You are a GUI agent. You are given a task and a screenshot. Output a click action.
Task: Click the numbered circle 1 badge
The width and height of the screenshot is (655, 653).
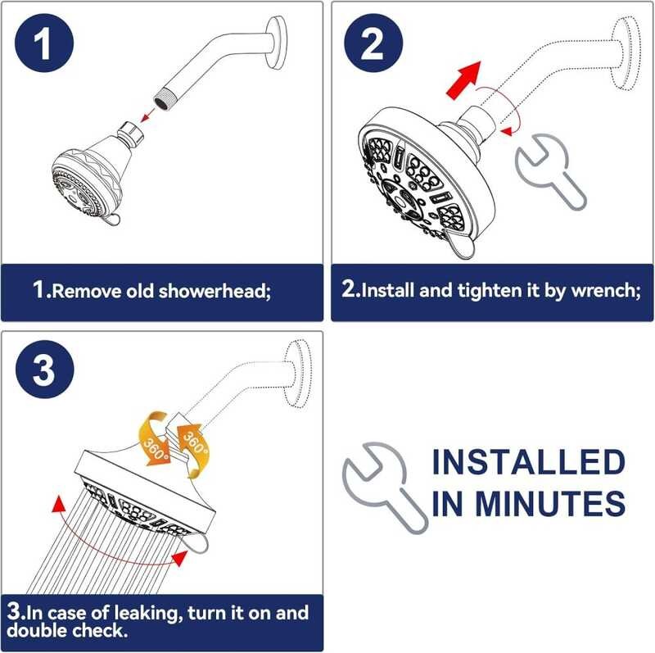(x=44, y=43)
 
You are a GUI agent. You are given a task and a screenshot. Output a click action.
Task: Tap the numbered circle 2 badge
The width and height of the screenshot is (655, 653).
(x=373, y=43)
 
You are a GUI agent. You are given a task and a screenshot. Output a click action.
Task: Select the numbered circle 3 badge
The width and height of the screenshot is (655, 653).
(x=45, y=369)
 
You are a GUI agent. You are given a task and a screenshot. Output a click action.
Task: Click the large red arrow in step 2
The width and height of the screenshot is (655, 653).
(x=464, y=79)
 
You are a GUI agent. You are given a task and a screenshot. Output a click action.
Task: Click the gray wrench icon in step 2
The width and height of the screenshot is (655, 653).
(x=550, y=170)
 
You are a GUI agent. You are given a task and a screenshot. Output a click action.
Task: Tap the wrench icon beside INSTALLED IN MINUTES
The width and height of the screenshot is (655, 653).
(x=384, y=487)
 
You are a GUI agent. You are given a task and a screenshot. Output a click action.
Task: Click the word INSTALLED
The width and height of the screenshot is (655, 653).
(x=528, y=462)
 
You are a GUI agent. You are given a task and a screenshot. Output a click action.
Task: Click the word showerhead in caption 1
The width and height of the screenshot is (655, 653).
(x=215, y=291)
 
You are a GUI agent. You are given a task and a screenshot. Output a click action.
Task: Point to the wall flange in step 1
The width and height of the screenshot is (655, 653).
(x=277, y=43)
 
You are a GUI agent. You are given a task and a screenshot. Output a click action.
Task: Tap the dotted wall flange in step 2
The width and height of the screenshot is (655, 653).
(x=626, y=53)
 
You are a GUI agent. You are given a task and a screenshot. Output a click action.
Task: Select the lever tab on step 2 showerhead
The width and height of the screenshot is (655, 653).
(x=459, y=246)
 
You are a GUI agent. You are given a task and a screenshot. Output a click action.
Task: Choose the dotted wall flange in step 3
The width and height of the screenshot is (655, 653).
(x=297, y=374)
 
